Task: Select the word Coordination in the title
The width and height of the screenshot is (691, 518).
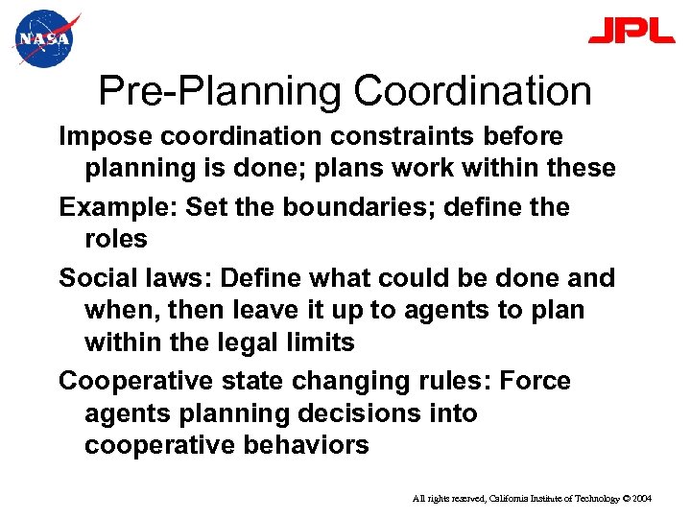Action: pyautogui.click(x=473, y=92)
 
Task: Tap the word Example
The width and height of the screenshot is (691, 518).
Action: pyautogui.click(x=118, y=207)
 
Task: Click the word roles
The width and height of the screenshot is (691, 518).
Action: pyautogui.click(x=116, y=238)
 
